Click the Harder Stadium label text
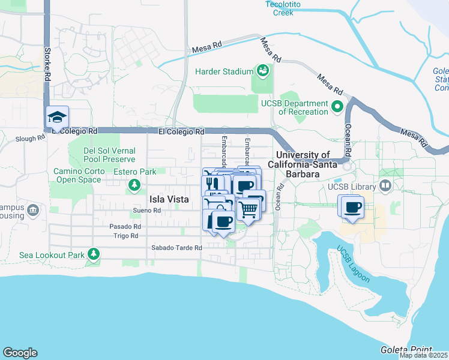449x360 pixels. pos(224,72)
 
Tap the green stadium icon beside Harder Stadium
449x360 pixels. pos(262,71)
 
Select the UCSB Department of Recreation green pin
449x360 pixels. pos(337,108)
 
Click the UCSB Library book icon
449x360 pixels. pos(385,187)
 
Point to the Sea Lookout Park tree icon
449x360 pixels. pos(93,254)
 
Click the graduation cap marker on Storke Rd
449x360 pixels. pos(58,116)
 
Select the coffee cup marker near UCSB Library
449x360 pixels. pos(352,207)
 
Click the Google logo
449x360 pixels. pos(20,353)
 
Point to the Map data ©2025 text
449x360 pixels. pos(423,355)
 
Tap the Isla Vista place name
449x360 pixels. pos(169,199)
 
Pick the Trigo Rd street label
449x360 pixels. pos(127,235)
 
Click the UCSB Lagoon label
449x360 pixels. pos(353,264)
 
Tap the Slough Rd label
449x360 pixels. pos(31,138)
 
